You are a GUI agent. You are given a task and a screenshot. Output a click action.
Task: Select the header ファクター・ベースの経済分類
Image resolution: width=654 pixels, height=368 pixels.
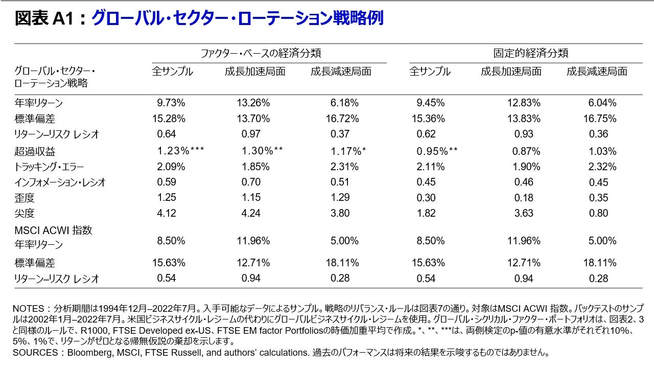[261, 53]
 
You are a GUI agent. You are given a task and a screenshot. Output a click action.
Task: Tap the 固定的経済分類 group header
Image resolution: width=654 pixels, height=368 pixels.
[531, 53]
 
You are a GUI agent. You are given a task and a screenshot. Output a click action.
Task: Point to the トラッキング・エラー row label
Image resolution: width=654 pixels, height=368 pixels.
[50, 167]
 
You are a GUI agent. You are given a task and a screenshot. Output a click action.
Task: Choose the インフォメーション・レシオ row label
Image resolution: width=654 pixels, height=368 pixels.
[60, 182]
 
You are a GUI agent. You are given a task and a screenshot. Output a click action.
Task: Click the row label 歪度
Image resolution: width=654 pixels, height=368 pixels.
[25, 198]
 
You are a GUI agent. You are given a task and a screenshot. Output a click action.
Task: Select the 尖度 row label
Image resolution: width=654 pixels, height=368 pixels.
[25, 214]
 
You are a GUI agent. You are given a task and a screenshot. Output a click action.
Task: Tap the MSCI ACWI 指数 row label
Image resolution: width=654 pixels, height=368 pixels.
[53, 231]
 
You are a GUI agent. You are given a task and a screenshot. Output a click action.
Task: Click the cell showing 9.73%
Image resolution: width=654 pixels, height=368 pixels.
[171, 103]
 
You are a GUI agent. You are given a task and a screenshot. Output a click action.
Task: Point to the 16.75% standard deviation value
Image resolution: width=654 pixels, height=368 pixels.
[599, 119]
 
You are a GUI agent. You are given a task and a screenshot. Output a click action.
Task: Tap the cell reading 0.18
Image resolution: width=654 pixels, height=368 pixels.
[523, 198]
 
